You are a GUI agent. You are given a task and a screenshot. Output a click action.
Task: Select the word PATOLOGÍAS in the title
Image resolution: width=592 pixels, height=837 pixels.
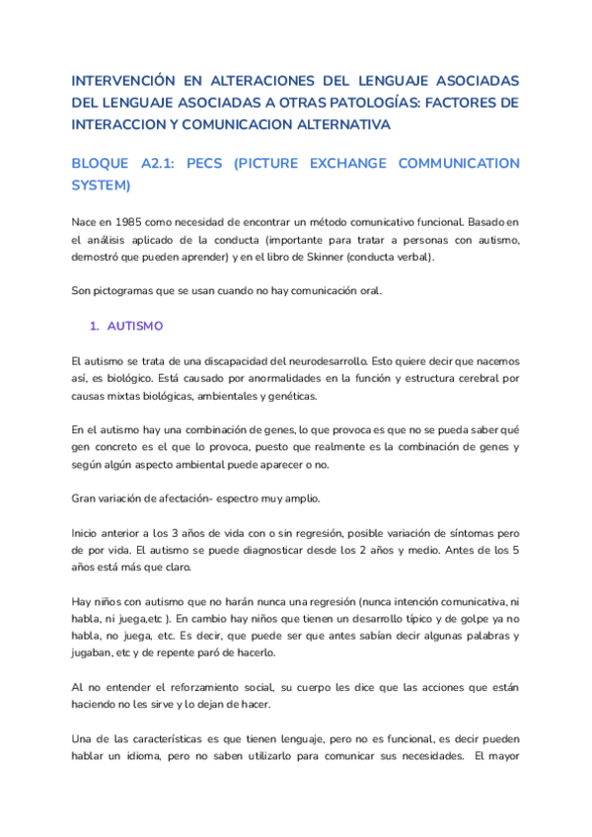coord(364,103)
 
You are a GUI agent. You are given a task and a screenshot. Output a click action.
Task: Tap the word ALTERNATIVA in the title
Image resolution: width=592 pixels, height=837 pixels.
coord(336,124)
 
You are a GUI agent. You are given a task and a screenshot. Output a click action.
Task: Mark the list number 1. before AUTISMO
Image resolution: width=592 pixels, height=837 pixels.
coord(95,325)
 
